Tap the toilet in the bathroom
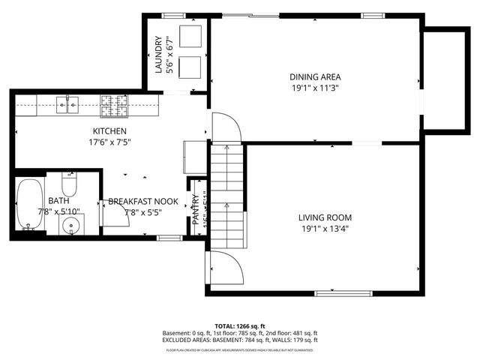pos(69,184)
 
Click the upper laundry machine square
pos(188,37)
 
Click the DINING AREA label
pos(316,76)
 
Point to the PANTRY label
pos(195,209)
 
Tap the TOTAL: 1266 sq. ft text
pos(240,325)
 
